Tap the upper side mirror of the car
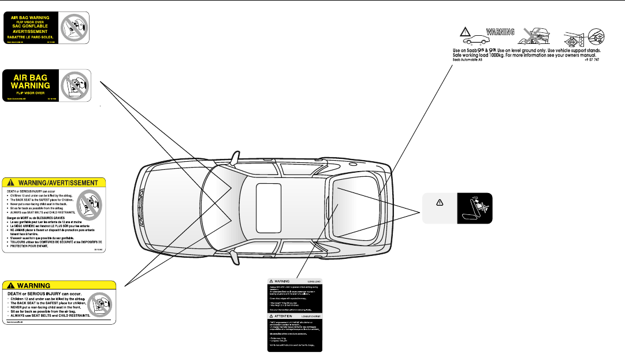pos(235,157)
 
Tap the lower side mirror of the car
pos(236,258)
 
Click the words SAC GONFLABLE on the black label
pos(37,27)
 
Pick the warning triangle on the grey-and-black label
pos(439,203)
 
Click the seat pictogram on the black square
pos(475,207)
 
